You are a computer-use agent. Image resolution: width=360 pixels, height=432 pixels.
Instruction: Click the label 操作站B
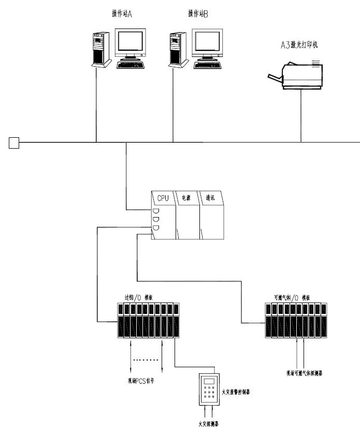pyautogui.click(x=198, y=13)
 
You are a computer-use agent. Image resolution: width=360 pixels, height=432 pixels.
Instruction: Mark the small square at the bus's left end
pyautogui.click(x=14, y=142)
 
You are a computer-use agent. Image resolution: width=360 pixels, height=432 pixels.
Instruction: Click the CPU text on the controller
pyautogui.click(x=163, y=197)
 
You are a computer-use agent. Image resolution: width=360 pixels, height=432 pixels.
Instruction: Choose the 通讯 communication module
pyautogui.click(x=210, y=197)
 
